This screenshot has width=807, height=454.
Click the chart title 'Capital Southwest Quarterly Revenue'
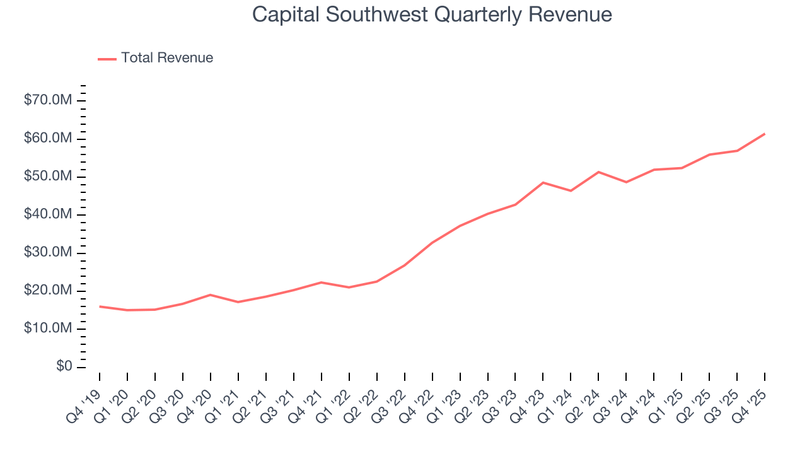tap(432, 15)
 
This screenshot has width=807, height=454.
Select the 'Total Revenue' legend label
tap(167, 58)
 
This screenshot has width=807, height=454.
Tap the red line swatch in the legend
tap(107, 59)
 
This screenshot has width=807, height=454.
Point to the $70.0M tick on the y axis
tap(48, 100)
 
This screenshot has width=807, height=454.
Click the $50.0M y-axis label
tap(48, 177)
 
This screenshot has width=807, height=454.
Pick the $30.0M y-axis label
tap(48, 253)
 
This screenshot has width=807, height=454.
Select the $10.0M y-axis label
tap(48, 329)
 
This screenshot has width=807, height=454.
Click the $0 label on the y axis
tap(63, 367)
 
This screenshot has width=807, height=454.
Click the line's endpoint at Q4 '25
tap(765, 134)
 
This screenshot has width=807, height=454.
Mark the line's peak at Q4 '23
tap(543, 182)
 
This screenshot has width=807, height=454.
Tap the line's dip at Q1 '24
tap(571, 190)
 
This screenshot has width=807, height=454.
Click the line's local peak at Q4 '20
tap(210, 294)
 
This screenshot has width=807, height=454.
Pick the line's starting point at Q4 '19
tap(100, 306)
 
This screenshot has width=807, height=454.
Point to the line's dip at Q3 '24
tap(626, 182)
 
